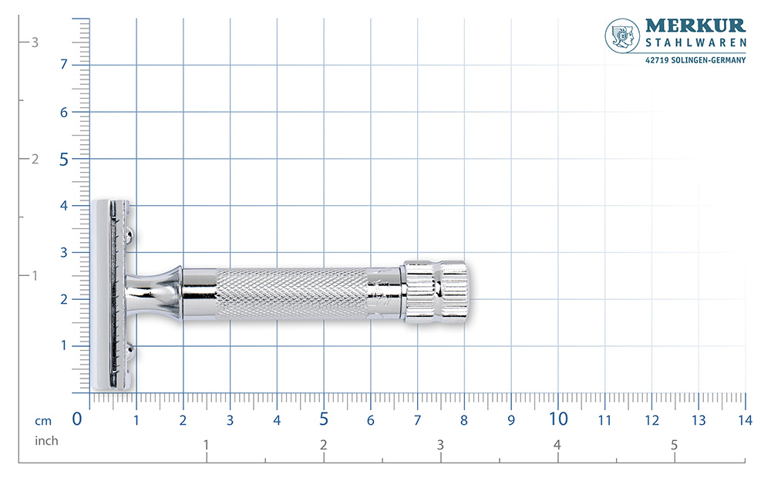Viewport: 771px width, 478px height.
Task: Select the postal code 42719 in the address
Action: pyautogui.click(x=657, y=61)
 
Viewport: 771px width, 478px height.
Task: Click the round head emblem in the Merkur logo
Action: pyautogui.click(x=623, y=36)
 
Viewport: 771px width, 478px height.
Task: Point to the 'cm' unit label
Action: pyautogui.click(x=42, y=421)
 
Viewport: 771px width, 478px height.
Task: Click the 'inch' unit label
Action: pyautogui.click(x=46, y=441)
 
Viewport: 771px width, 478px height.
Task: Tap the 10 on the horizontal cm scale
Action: pyautogui.click(x=558, y=419)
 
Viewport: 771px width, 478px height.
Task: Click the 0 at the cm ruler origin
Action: pyautogui.click(x=77, y=419)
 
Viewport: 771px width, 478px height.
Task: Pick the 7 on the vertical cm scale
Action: pyautogui.click(x=64, y=65)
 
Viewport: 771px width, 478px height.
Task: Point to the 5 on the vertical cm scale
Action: pyautogui.click(x=64, y=160)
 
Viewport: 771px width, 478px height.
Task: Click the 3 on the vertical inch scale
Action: pyautogui.click(x=35, y=42)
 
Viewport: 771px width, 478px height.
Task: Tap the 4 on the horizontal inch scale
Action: pyautogui.click(x=557, y=445)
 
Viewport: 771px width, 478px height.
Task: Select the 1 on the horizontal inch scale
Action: pyautogui.click(x=206, y=445)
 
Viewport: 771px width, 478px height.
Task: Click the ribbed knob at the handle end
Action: pyautogui.click(x=436, y=291)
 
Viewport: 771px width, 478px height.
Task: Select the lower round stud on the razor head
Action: pyautogui.click(x=132, y=352)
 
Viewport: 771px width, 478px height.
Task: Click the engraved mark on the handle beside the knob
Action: pyautogui.click(x=379, y=292)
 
